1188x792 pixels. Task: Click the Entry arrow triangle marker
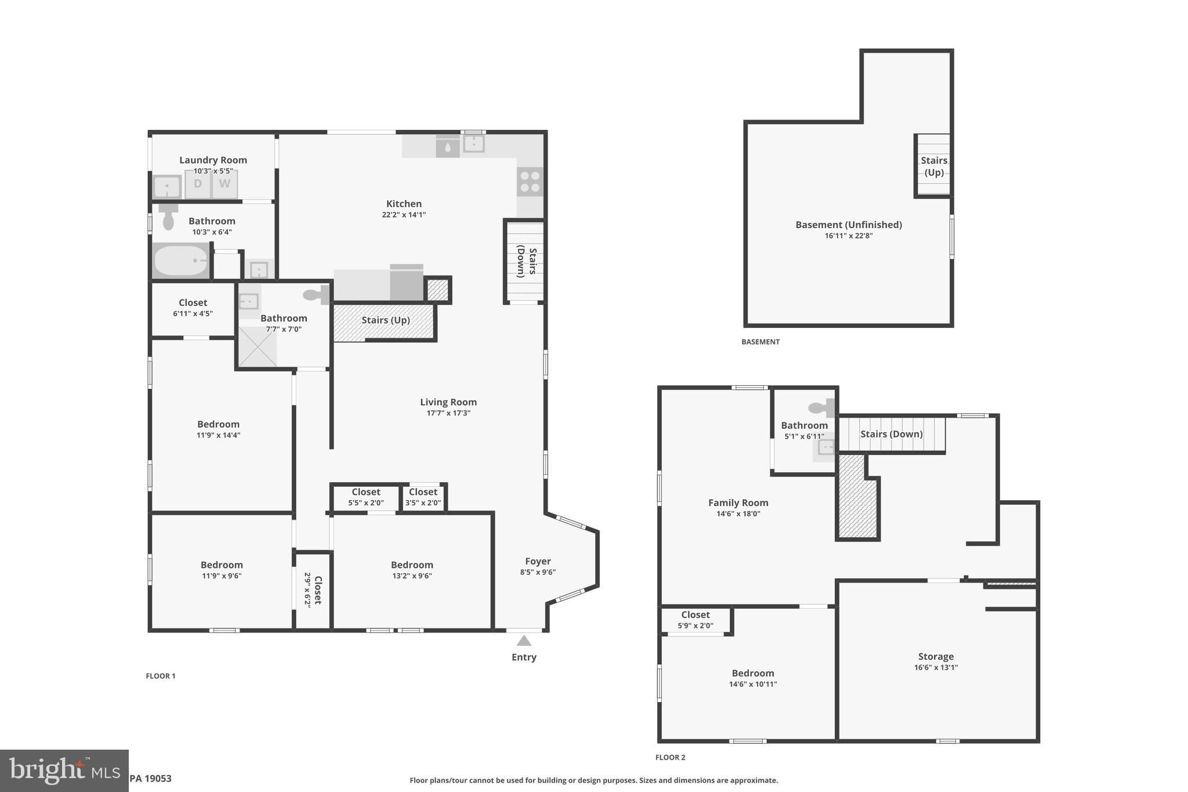coord(524,641)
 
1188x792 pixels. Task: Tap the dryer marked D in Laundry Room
coord(198,184)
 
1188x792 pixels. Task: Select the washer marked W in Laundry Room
coord(224,184)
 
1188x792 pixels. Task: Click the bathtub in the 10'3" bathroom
coord(181,261)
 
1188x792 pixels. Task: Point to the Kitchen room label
coord(404,204)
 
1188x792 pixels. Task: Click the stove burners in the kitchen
coord(530,182)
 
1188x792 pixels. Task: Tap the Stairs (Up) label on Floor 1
coord(385,320)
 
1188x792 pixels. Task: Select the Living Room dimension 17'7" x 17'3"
coord(448,413)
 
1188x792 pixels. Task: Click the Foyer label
coord(538,561)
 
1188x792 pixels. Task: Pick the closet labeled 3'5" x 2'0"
coord(423,497)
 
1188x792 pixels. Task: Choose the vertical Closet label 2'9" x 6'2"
coord(313,590)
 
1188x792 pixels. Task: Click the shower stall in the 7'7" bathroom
coord(258,347)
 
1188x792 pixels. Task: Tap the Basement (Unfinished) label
coord(848,225)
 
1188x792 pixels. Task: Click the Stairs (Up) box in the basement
coord(933,166)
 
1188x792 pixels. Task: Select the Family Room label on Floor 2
coord(738,503)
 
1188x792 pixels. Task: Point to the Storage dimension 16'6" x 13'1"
coord(936,667)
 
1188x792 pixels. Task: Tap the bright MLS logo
coord(64,771)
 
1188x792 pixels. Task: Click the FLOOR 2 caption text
coord(670,757)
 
